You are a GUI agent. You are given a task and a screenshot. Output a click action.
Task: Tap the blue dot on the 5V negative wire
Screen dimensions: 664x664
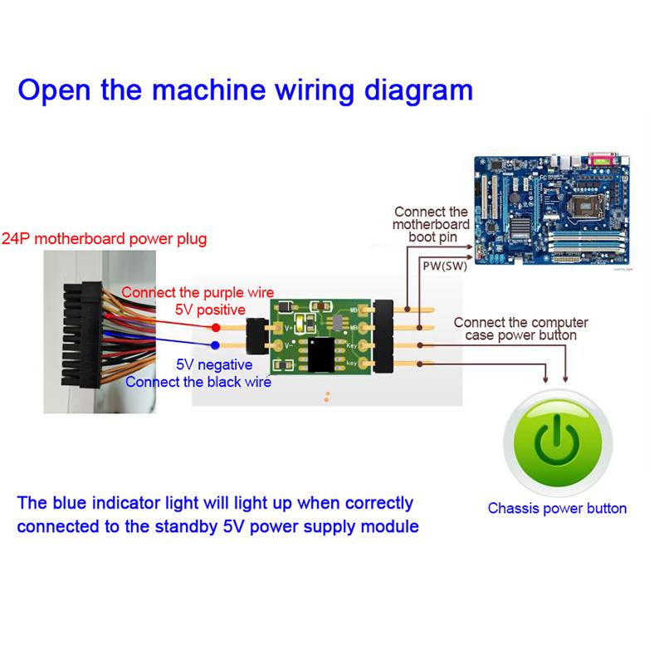point(215,345)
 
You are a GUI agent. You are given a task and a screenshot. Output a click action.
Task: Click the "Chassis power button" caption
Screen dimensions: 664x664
point(557,508)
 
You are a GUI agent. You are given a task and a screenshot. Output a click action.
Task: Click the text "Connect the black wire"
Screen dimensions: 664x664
point(189,382)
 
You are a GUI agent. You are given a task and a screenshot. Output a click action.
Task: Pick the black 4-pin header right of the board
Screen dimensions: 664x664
point(384,336)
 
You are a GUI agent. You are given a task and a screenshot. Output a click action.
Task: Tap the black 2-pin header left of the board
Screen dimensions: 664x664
point(255,336)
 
